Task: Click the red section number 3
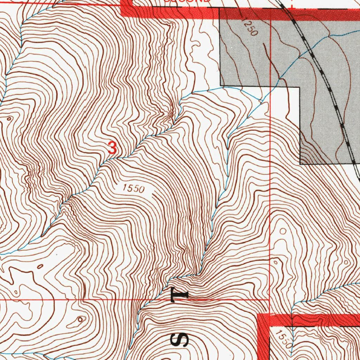pos(112,148)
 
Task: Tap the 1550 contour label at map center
pos(134,189)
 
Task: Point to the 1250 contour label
pos(250,28)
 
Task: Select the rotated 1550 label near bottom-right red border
pos(284,339)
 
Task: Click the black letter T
pos(179,295)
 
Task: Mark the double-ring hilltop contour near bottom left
pos(81,319)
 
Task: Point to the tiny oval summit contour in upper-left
pos(8,119)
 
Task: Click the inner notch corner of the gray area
pos(300,86)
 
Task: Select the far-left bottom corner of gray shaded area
pos(220,85)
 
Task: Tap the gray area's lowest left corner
pos(300,164)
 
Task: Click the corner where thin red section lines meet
pos(269,300)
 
